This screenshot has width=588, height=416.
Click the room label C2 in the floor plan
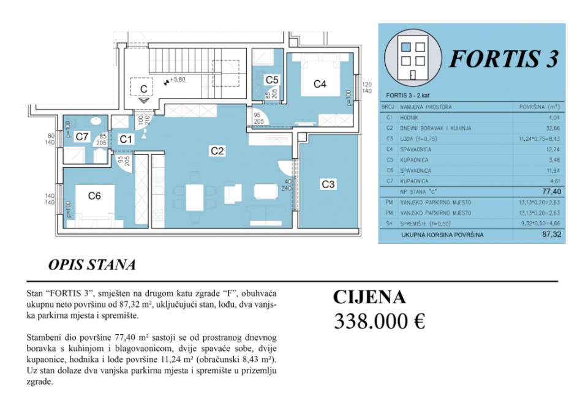click(x=216, y=150)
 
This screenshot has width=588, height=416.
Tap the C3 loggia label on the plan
click(x=328, y=184)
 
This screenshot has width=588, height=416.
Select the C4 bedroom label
click(x=320, y=85)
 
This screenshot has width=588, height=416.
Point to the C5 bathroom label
click(x=272, y=80)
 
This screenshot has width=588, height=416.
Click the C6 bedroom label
click(x=94, y=196)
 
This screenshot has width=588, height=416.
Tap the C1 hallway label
click(x=126, y=139)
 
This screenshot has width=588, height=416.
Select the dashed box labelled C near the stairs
click(x=143, y=89)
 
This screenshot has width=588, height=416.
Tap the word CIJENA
click(x=369, y=297)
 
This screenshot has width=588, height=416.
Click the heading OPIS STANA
click(x=91, y=265)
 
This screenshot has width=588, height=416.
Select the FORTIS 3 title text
click(x=503, y=58)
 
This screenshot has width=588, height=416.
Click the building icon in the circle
click(x=414, y=56)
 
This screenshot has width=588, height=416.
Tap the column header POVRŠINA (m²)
click(x=539, y=107)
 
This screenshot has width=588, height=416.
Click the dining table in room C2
click(x=194, y=196)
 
